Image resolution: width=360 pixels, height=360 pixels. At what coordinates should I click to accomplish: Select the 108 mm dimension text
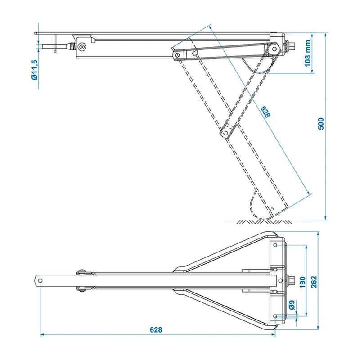pyautogui.click(x=308, y=53)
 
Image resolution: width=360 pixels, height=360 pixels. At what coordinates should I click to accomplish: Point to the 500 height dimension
pyautogui.click(x=320, y=124)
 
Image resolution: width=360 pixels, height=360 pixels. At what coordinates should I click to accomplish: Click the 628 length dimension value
pyautogui.click(x=156, y=329)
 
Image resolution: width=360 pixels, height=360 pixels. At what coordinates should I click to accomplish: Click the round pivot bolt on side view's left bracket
pyautogui.click(x=82, y=47)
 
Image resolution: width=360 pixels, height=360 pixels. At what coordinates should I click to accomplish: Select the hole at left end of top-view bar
pyautogui.click(x=40, y=280)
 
